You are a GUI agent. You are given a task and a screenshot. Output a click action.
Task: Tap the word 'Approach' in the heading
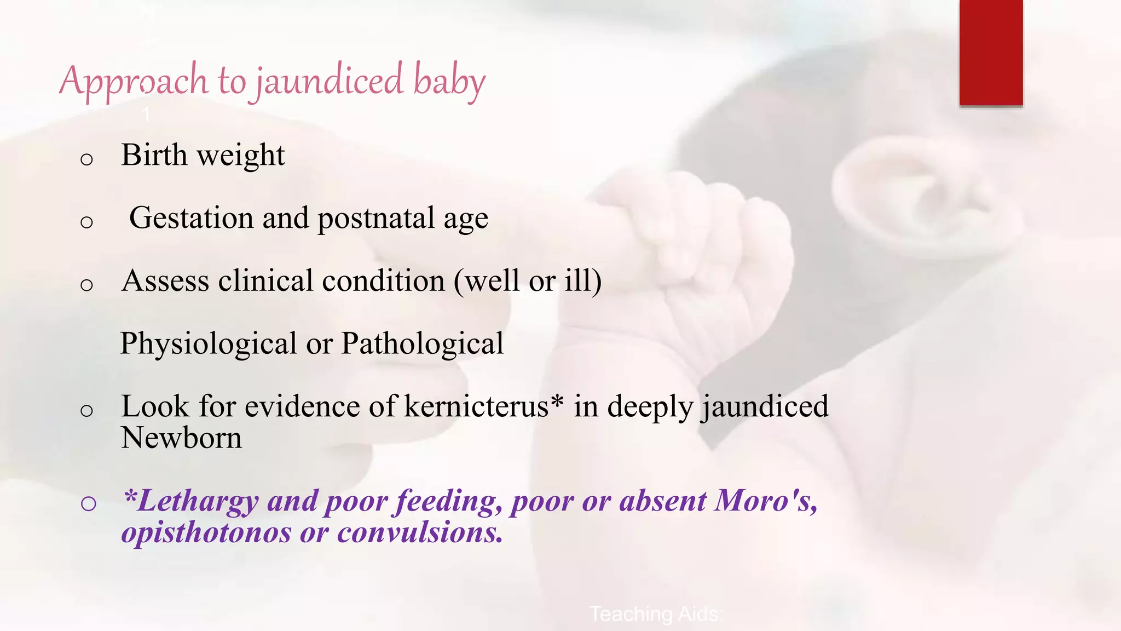(x=134, y=81)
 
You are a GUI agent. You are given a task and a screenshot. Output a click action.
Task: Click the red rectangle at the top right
(x=991, y=53)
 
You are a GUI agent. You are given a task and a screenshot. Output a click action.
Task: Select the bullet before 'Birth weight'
(x=86, y=159)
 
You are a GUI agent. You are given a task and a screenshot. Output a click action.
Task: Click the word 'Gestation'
(x=191, y=217)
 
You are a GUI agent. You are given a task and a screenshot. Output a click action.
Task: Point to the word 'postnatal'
(x=376, y=217)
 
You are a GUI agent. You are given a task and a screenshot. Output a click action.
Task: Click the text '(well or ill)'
(x=528, y=280)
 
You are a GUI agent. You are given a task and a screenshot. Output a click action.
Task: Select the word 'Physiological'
(x=208, y=343)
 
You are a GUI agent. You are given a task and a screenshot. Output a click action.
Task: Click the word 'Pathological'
(x=422, y=343)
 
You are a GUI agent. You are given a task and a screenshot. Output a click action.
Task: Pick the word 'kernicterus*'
(x=484, y=406)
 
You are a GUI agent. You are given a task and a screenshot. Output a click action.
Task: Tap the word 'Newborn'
(x=181, y=438)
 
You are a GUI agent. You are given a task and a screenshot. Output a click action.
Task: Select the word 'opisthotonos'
(x=206, y=532)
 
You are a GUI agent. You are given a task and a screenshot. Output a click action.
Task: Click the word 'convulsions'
(x=420, y=532)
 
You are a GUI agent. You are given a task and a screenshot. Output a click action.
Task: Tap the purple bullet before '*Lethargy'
(x=88, y=503)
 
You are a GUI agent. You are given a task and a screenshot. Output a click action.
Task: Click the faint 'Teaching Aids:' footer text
(x=656, y=614)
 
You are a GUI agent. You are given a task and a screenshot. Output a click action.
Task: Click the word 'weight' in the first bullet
(x=241, y=155)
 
